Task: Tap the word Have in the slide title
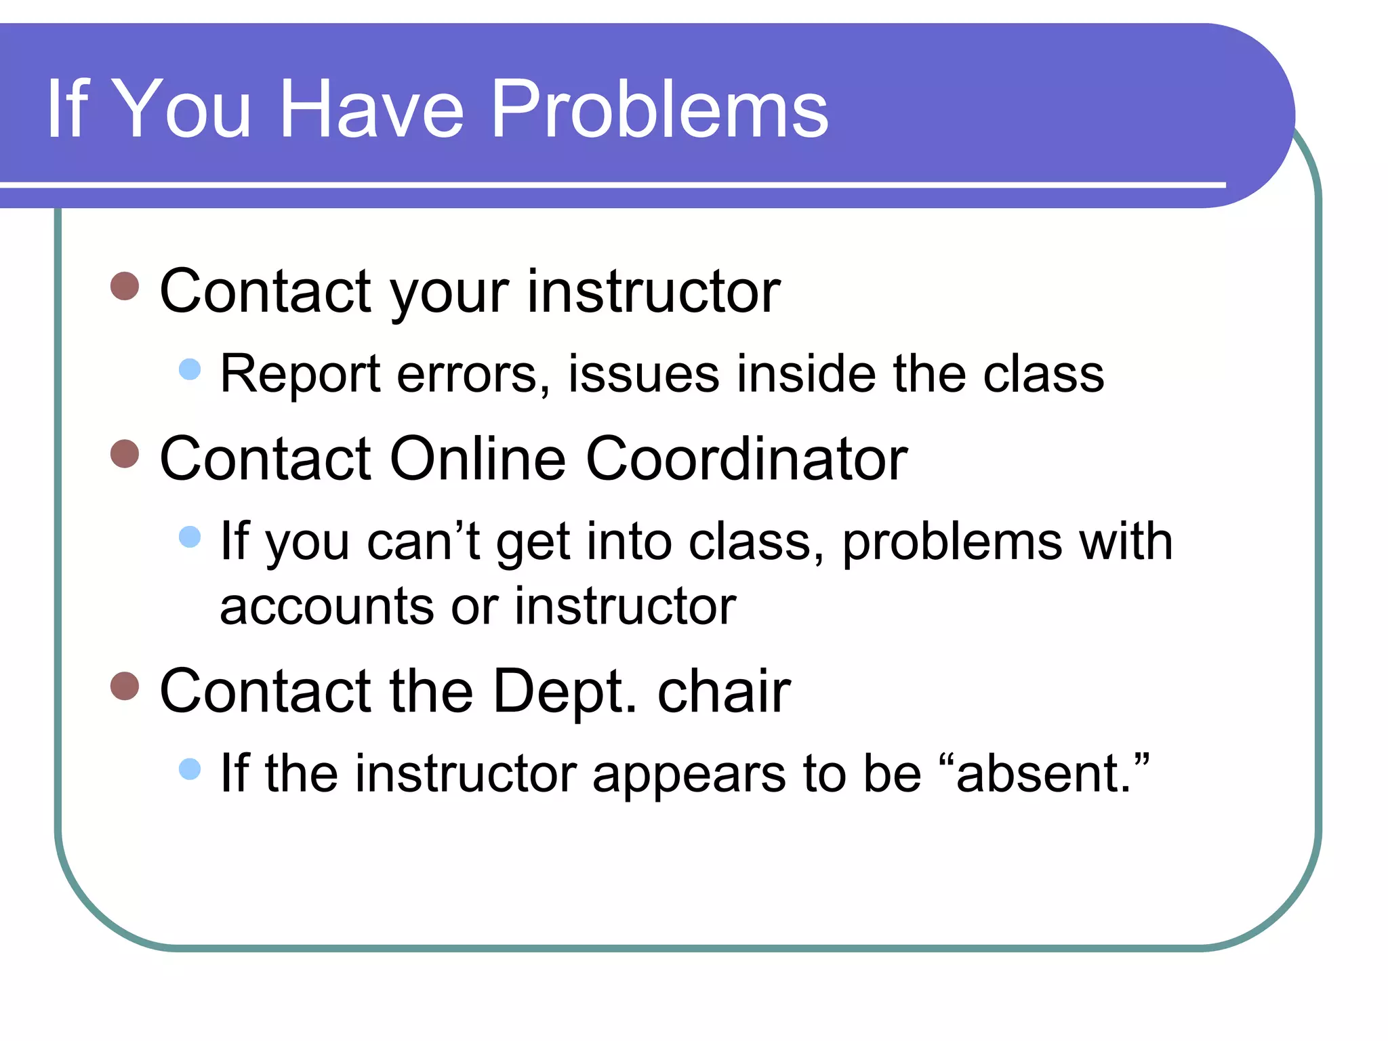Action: click(371, 108)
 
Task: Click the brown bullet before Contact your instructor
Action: click(125, 287)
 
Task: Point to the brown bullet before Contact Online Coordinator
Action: click(125, 454)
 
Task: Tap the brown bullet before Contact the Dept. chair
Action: click(125, 686)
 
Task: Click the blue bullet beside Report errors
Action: click(190, 369)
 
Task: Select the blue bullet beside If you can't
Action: click(190, 537)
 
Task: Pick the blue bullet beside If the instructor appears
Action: click(190, 769)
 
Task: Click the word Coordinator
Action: click(746, 460)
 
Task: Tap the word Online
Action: click(477, 460)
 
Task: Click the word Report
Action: click(300, 375)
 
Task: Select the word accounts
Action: click(326, 607)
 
